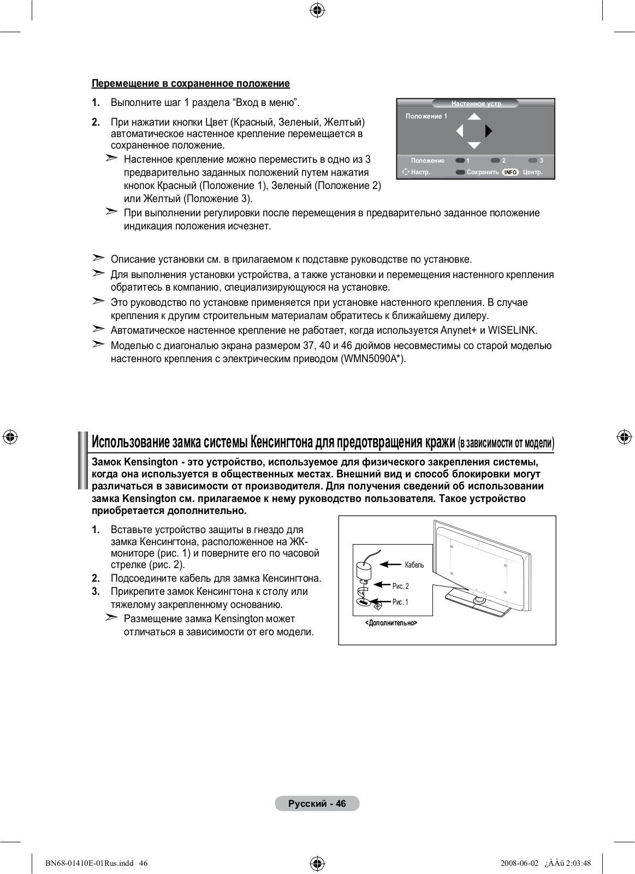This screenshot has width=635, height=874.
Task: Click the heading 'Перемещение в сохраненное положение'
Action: coord(191,84)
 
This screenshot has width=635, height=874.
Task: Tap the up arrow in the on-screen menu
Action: coord(474,116)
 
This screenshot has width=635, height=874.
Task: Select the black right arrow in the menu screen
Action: coord(489,131)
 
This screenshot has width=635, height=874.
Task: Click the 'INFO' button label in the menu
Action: coord(510,172)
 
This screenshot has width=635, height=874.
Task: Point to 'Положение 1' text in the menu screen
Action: coord(426,116)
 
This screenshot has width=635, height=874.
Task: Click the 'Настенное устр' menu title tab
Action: coord(476,103)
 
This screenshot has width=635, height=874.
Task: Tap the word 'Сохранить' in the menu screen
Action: coord(483,172)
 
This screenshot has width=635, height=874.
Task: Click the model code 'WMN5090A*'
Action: coord(373,359)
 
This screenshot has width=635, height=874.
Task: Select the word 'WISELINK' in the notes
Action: coord(512,330)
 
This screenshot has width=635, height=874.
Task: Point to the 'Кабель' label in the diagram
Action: coord(414,565)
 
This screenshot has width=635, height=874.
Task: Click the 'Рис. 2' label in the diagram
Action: coord(400,586)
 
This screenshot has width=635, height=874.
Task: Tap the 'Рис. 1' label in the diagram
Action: coord(400,602)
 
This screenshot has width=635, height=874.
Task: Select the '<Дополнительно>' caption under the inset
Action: coord(391,623)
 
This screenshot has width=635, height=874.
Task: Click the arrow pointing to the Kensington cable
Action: coord(391,565)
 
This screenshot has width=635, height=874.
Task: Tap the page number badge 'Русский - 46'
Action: coord(317,804)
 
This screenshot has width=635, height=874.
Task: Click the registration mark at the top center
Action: coord(317,10)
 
